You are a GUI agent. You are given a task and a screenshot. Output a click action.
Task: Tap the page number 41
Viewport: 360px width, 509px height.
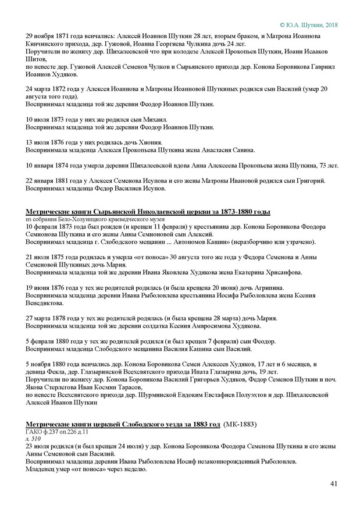coord(333,483)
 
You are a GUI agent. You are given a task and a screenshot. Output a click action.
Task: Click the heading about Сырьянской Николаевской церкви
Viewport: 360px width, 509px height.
coord(148,211)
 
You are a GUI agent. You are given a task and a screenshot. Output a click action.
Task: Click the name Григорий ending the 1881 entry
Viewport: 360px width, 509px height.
coord(308,180)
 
